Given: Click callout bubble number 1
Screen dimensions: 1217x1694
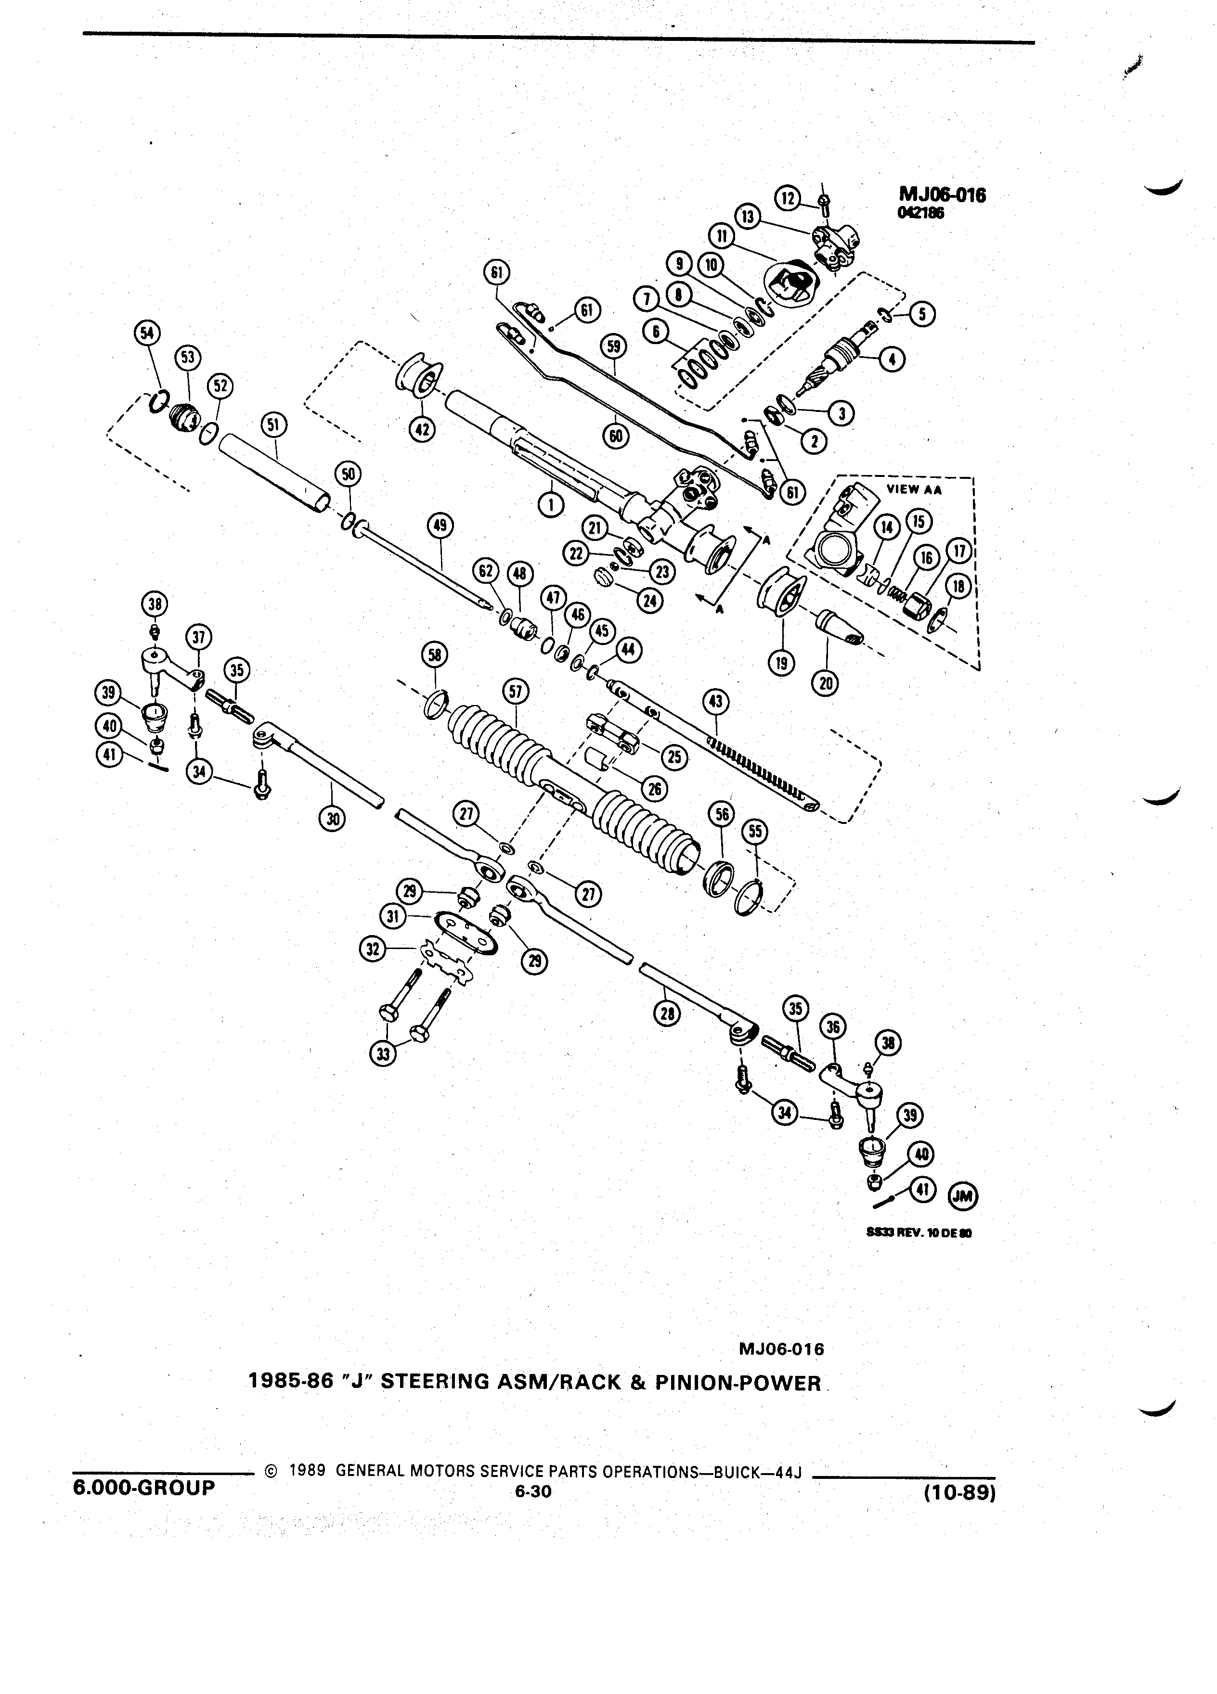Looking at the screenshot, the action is (552, 505).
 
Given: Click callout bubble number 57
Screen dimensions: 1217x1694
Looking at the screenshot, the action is (516, 691).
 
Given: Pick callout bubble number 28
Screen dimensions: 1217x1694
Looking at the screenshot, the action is (667, 1014).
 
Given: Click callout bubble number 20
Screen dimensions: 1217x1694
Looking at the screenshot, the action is (826, 682).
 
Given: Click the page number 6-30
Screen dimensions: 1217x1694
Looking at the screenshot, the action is (532, 1491).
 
